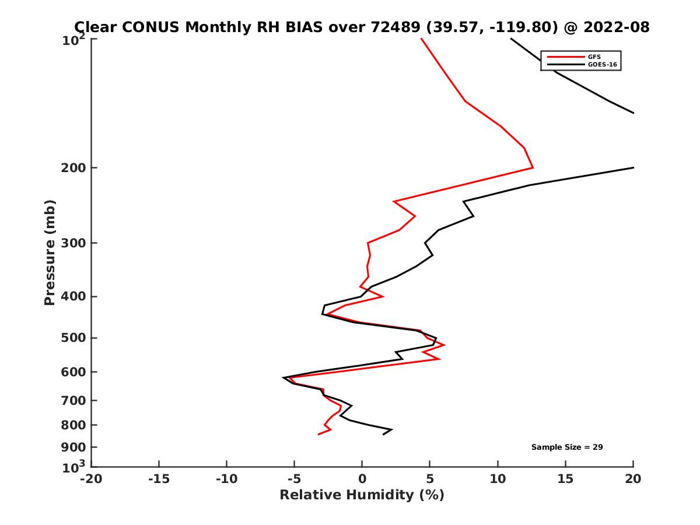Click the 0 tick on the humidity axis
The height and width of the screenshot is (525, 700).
tap(362, 480)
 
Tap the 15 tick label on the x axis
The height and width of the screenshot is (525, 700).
tap(565, 480)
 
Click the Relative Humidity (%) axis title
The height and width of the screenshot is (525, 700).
tap(362, 495)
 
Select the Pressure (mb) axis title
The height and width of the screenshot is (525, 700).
tap(50, 253)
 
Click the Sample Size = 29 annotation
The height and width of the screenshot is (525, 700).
tap(566, 447)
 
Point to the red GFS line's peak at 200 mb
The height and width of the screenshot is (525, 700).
tap(533, 168)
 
